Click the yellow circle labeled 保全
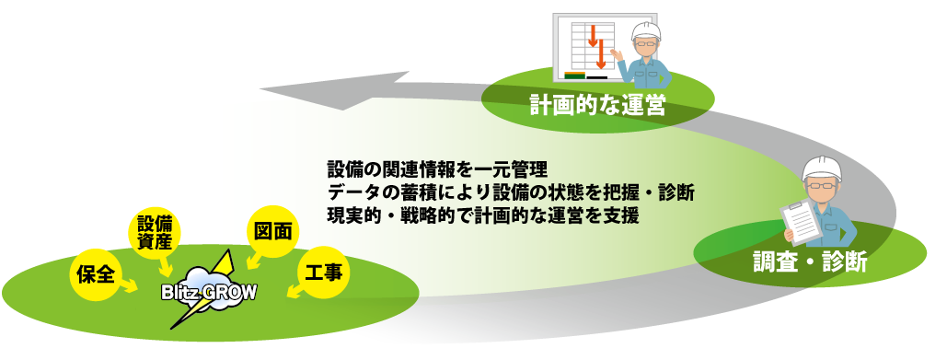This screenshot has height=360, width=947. coord(97,274)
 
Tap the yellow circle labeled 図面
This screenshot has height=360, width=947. coord(272,232)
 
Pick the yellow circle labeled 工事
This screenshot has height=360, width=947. coord(324,273)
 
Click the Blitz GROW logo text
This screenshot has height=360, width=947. coord(209,293)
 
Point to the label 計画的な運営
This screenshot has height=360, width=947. coord(597,105)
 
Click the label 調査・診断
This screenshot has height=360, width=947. coord(809,262)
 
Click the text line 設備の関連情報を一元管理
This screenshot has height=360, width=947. coord(437,168)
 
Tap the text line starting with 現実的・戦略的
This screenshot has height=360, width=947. coord(482,215)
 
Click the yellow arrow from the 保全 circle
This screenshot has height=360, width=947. coord(127,285)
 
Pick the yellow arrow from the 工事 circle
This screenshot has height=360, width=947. coord(295,291)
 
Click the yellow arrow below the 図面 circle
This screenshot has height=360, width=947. coord(254,261)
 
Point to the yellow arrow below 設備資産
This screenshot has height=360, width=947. coord(164,265)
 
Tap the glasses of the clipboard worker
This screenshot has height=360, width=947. coord(821,184)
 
